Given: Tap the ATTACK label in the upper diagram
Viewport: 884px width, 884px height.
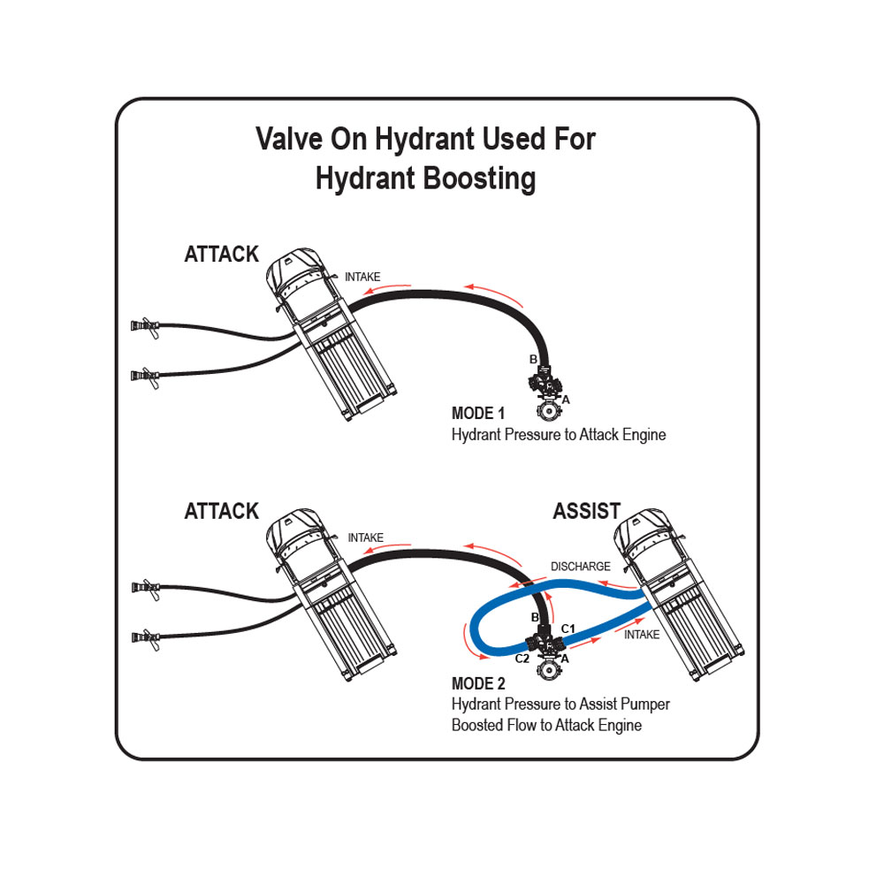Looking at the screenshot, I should coord(221,255).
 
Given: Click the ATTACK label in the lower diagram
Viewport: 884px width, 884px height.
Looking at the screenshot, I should coord(221,511).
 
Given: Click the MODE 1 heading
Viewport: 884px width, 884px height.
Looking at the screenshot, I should coord(478,414).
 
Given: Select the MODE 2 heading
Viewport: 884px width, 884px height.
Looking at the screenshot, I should coord(478,683).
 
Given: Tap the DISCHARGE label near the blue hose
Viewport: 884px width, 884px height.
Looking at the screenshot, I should coord(581,566).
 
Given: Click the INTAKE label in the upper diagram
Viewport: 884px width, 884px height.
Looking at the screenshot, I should coord(362,277).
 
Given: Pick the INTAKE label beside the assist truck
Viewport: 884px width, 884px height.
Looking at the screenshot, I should coord(642,634).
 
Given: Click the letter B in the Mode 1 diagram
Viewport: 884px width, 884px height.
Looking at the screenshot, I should coord(532,360).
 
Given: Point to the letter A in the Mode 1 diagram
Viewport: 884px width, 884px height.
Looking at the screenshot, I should coord(567,400).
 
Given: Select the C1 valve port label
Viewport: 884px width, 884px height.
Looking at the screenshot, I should coord(569,628).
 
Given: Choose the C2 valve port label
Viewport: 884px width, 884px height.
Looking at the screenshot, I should coord(522,659).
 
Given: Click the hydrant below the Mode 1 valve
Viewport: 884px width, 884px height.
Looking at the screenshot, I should coord(549,411).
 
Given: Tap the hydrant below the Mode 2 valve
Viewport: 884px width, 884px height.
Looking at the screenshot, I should coord(549,672).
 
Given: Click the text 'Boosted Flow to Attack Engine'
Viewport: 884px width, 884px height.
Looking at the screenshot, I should coord(546,725).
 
